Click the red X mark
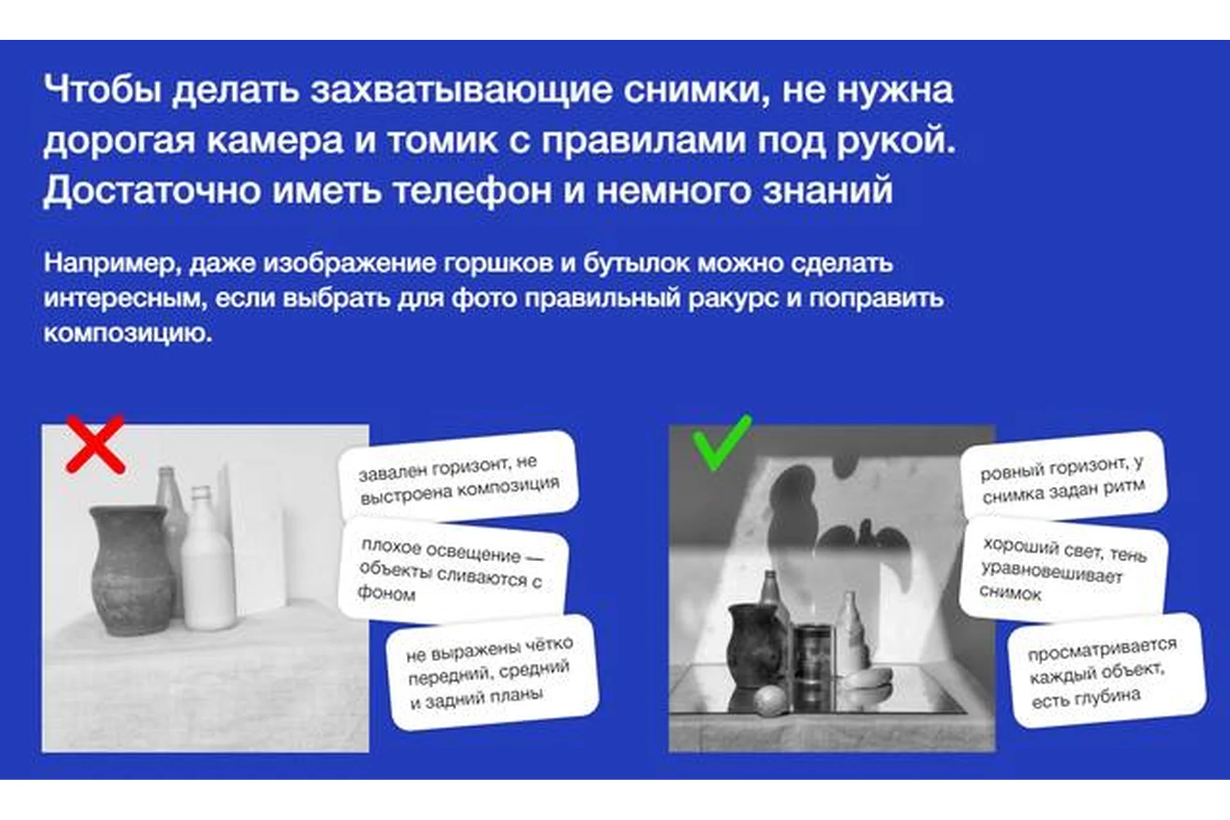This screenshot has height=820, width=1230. click(95, 445)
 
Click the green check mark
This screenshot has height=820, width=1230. click(721, 442)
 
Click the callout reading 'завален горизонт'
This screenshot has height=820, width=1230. click(459, 478)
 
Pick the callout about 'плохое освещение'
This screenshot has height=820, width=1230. click(452, 570)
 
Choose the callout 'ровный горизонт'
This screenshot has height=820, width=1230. click(1063, 477)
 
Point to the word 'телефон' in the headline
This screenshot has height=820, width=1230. click(472, 190)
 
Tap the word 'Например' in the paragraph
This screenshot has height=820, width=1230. click(111, 263)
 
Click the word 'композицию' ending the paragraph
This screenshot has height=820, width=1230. click(127, 333)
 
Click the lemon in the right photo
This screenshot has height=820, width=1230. click(769, 700)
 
